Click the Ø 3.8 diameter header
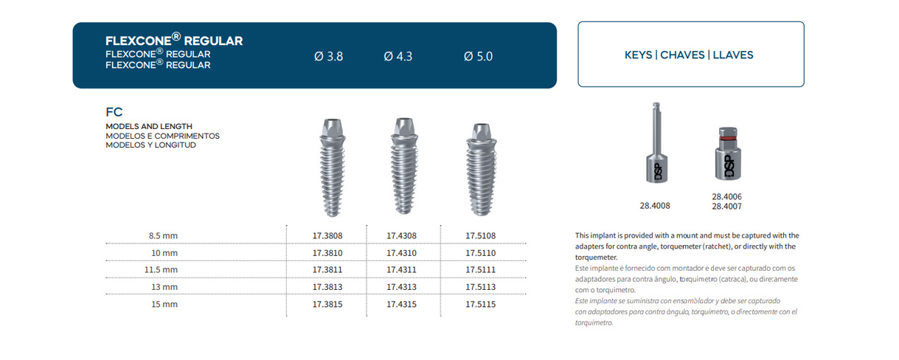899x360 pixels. coord(328,56)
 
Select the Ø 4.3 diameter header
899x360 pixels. coord(398,56)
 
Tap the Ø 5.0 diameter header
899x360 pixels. coord(478,56)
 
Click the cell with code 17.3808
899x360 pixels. coord(327,236)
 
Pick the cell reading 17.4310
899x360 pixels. coord(401,253)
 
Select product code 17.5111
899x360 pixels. coord(480,270)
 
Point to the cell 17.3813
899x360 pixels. coord(327,287)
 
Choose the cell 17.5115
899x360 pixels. coord(480,304)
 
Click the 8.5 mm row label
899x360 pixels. coord(163,236)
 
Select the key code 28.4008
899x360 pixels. coord(655,206)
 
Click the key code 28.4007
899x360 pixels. coord(726,207)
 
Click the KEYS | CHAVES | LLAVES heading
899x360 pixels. coord(689,55)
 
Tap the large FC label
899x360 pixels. coord(114,113)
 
